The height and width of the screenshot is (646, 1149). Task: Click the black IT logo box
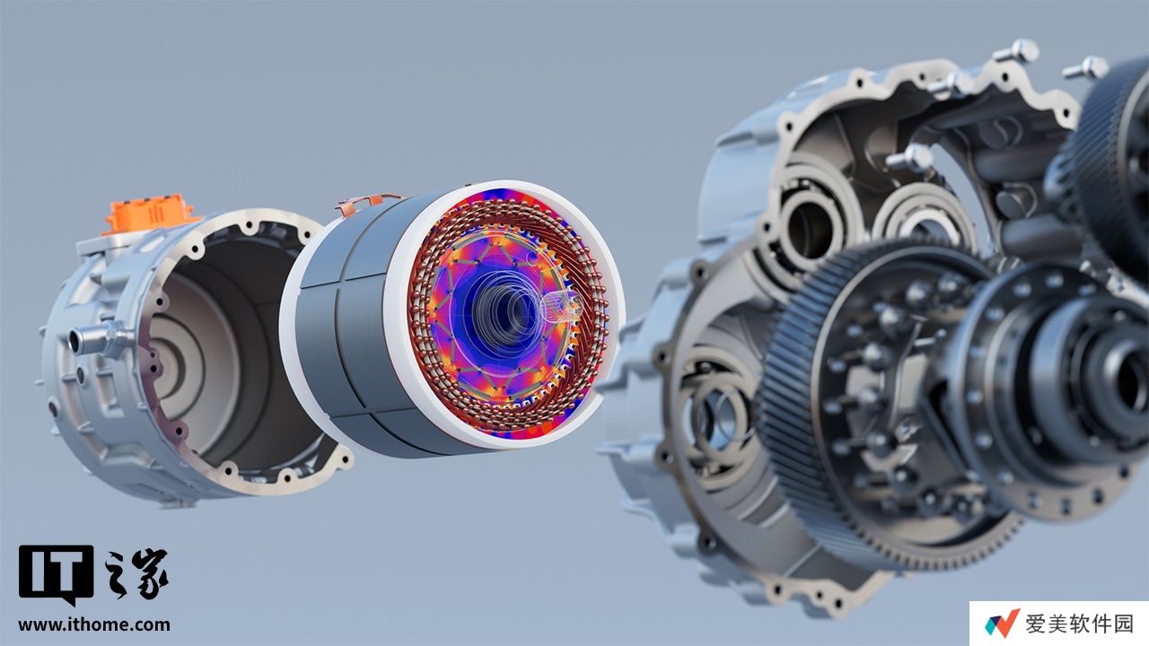point(56,574)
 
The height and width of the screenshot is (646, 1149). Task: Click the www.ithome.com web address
point(94,624)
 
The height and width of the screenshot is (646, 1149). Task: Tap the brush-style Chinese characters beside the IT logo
point(136,573)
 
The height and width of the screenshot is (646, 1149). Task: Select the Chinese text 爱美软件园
point(1079,624)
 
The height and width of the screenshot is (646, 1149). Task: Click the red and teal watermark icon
point(1001,624)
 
